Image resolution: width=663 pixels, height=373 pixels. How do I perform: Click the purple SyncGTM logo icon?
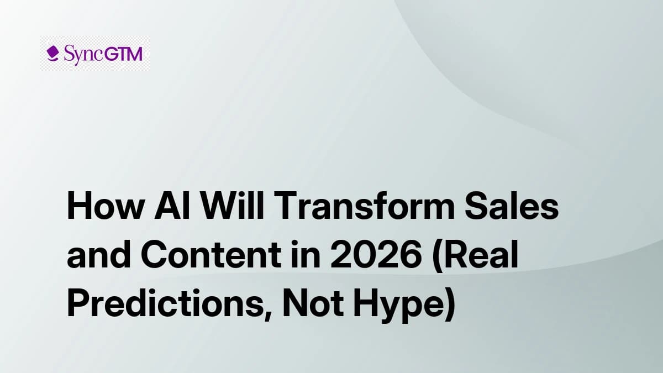point(53,54)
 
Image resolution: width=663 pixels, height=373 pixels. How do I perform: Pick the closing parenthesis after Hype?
point(448,305)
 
